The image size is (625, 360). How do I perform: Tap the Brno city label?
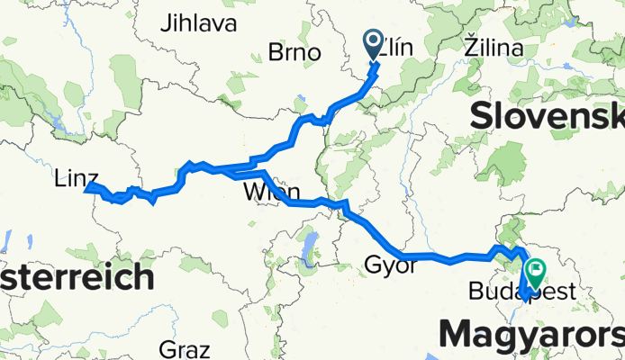294,52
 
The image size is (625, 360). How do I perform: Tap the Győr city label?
391,265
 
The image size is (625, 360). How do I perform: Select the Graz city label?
183,348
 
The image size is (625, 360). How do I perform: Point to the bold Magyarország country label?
531,334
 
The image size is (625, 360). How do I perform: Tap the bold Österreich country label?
76,277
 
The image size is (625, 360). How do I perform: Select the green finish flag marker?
538,269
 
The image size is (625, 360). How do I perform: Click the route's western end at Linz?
87,188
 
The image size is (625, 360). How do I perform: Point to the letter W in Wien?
250,193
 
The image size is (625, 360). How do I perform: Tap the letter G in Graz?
165,348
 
